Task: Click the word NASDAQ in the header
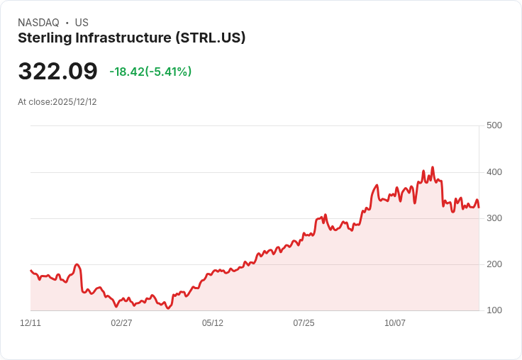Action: [38, 23]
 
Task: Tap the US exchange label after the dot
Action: [82, 23]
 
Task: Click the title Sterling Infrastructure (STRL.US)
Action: [131, 38]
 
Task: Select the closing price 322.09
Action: [57, 72]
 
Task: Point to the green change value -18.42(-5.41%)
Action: [150, 72]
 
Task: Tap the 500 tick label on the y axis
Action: [494, 125]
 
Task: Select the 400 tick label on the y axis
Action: [494, 172]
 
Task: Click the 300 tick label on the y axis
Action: [494, 218]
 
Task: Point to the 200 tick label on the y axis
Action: [494, 264]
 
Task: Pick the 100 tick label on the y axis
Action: [494, 310]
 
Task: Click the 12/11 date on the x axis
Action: [30, 323]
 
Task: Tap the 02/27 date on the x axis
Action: [121, 323]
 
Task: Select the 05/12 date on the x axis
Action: [213, 323]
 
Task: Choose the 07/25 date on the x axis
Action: [304, 323]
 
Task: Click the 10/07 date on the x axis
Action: [395, 323]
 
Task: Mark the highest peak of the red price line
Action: [432, 168]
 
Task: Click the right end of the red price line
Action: [479, 207]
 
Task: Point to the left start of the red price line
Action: [30, 270]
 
